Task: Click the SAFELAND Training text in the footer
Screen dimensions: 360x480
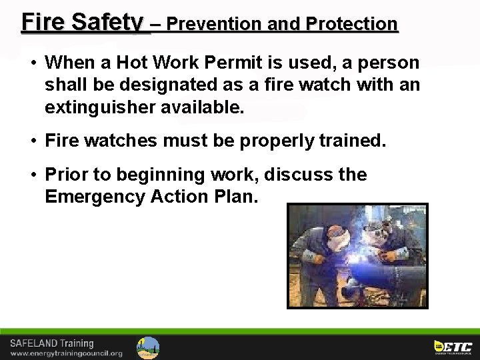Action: pyautogui.click(x=52, y=343)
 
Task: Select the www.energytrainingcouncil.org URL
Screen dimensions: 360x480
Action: pyautogui.click(x=66, y=353)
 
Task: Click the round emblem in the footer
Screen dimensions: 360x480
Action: pyautogui.click(x=148, y=347)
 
